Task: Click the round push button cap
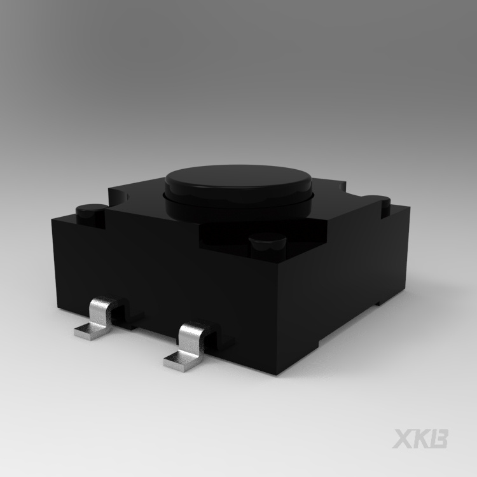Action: (238, 182)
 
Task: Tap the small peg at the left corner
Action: (90, 212)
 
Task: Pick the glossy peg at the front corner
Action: (267, 244)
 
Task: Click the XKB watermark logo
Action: (420, 439)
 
